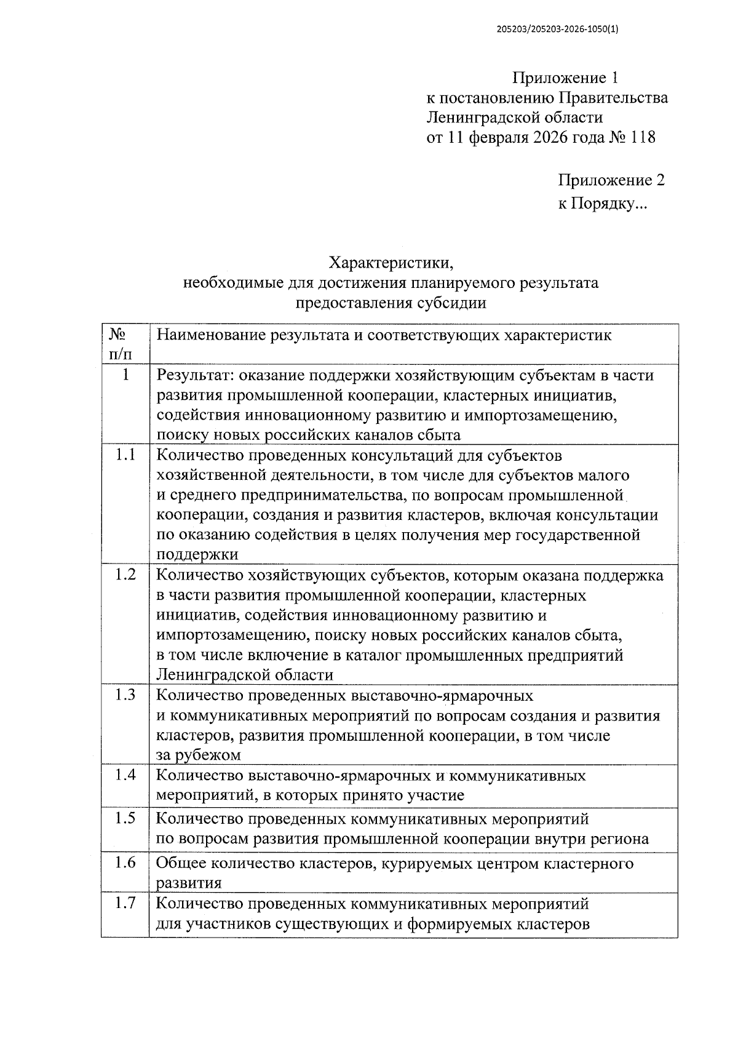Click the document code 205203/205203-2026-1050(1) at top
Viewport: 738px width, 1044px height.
click(557, 28)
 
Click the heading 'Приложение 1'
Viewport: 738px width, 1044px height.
click(565, 78)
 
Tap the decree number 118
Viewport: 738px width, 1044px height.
click(642, 137)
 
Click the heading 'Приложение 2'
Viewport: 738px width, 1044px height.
click(611, 180)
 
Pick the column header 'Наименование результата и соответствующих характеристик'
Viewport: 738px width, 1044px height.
click(384, 336)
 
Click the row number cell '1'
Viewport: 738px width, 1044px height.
click(125, 375)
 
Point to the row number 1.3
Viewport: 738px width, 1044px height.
click(125, 695)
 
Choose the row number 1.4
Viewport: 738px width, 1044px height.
click(125, 775)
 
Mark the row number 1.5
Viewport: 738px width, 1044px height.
click(125, 819)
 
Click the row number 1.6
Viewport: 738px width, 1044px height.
click(125, 863)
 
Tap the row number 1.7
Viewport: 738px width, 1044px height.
click(125, 904)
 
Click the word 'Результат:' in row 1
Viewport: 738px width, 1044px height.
click(195, 375)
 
